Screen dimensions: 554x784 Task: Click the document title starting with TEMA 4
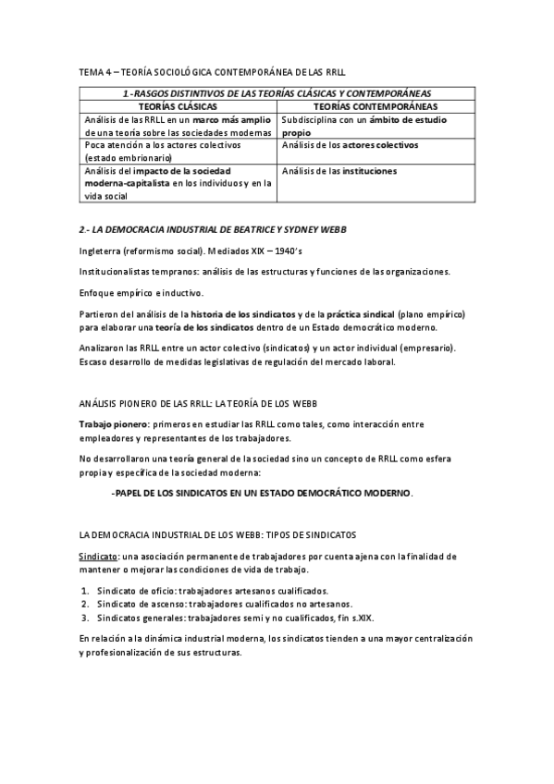tap(212, 71)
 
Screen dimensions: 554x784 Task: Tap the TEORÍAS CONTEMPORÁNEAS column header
tap(376, 106)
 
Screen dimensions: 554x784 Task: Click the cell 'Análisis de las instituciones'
tap(339, 171)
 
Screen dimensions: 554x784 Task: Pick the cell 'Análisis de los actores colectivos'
tap(351, 145)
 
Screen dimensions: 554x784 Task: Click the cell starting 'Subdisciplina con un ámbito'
tap(363, 126)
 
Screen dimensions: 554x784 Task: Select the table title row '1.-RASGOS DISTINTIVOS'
tap(277, 93)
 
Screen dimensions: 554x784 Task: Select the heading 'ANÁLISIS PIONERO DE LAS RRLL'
tap(198, 404)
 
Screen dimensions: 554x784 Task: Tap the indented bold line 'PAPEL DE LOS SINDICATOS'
tap(261, 493)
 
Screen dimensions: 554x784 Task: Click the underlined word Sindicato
tap(98, 557)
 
